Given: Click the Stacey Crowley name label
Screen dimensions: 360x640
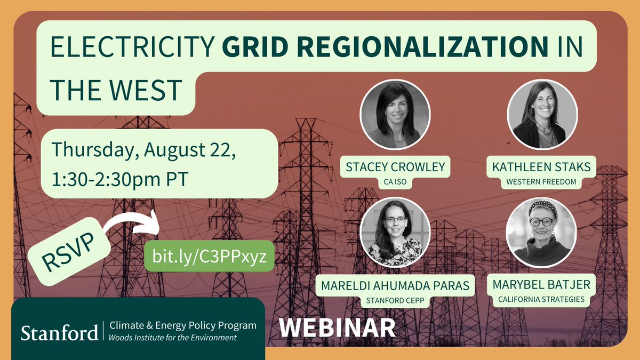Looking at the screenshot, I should tap(395, 167).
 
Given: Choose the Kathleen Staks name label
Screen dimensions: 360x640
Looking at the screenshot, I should tap(542, 167).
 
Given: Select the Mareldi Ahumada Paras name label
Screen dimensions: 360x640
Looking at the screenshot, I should tap(395, 286).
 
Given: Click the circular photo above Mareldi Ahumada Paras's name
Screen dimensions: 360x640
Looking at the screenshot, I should tap(395, 233).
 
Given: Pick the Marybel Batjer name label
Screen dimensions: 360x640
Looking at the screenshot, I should tap(542, 286).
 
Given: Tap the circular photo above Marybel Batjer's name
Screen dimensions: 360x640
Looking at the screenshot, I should tap(542, 233).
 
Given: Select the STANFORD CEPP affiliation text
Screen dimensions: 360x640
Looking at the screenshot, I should tap(395, 300).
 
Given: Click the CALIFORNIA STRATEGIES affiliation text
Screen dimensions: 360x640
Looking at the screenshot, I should tap(542, 300).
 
